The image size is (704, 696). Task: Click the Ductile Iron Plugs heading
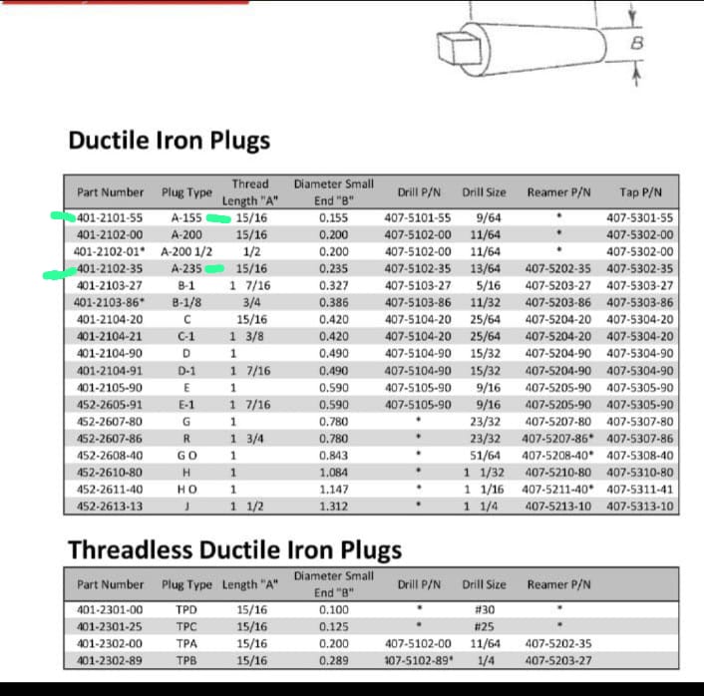click(x=169, y=141)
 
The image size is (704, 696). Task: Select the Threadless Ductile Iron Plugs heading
click(x=234, y=550)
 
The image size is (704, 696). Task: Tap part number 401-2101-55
click(x=110, y=217)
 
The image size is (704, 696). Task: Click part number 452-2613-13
click(x=110, y=506)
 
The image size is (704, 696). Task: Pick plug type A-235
click(x=186, y=268)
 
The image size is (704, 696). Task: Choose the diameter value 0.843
click(x=334, y=455)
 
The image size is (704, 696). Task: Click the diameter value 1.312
click(x=334, y=506)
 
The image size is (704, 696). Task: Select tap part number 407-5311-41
click(x=640, y=490)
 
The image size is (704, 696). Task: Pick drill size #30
click(x=488, y=609)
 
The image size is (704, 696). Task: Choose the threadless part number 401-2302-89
click(x=110, y=660)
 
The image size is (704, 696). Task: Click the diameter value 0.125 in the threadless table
click(x=334, y=626)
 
